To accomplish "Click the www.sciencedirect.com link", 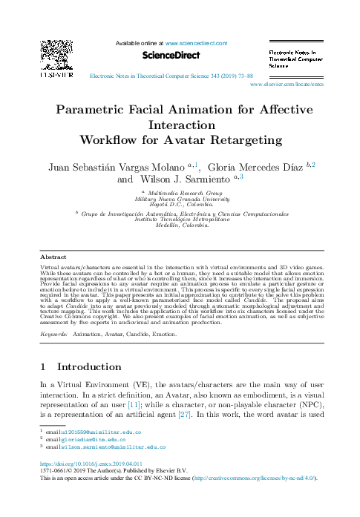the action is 196,44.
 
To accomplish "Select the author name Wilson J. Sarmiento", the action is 183,179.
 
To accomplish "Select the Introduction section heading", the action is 89,366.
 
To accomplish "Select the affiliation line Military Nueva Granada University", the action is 180,200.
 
